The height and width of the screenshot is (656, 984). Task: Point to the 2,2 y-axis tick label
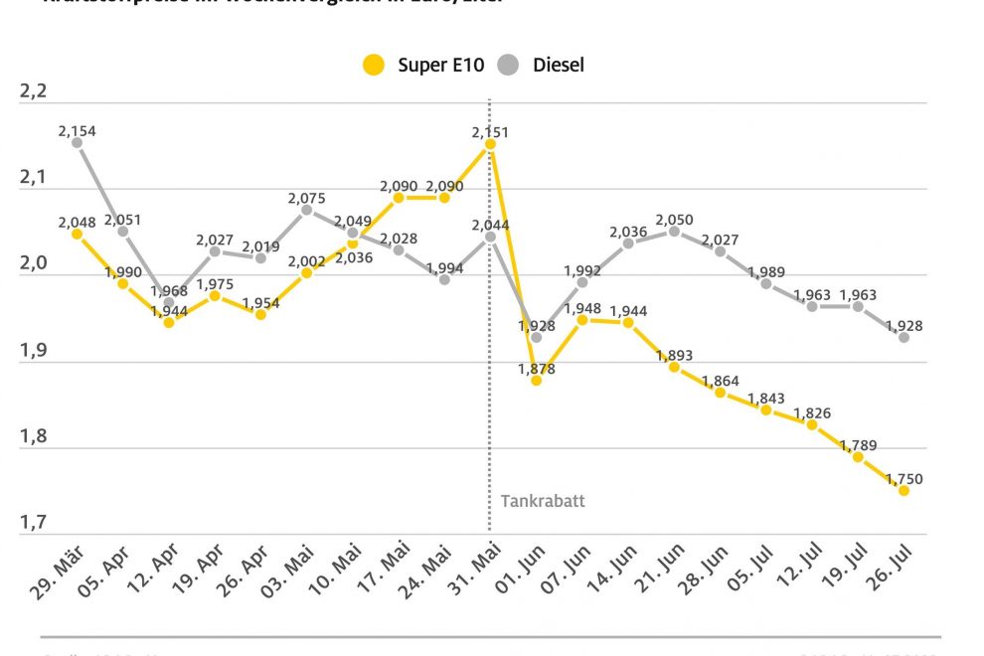(34, 92)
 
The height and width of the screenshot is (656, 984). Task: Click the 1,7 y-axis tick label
(34, 521)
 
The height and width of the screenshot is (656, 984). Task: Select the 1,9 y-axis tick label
(34, 349)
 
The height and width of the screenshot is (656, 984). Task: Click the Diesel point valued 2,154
(77, 143)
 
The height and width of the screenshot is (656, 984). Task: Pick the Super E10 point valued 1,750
(903, 490)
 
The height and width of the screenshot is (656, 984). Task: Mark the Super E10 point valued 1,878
(536, 380)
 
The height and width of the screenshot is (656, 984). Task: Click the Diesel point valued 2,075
(306, 210)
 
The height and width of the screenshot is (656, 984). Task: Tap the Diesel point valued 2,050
(674, 232)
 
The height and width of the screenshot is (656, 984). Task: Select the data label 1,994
(444, 267)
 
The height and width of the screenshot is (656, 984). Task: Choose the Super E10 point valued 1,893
(674, 367)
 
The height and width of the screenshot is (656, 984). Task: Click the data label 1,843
(766, 398)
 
